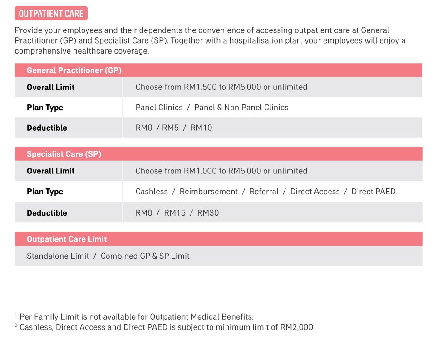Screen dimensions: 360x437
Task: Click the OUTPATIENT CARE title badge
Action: (x=51, y=13)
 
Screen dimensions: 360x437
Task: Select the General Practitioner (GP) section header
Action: (x=74, y=70)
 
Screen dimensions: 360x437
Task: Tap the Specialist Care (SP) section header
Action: (x=64, y=154)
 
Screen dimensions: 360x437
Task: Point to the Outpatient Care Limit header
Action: (x=67, y=239)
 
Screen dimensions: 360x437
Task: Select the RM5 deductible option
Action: (x=170, y=128)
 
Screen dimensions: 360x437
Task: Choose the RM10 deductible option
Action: (x=201, y=128)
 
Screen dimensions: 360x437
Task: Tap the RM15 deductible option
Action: (x=175, y=213)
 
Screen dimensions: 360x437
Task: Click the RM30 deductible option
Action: (x=208, y=213)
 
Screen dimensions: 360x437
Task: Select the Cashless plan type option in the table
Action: (x=152, y=192)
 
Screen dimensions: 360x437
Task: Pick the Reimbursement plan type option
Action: (x=208, y=192)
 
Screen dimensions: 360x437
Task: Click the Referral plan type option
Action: (x=264, y=192)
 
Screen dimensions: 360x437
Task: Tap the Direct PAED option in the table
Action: (x=373, y=192)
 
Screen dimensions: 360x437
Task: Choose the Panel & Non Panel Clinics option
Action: (x=241, y=108)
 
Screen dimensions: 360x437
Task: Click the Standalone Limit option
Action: (x=58, y=256)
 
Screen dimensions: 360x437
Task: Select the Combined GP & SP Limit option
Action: (x=145, y=256)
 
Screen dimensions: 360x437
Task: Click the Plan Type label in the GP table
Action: (x=45, y=108)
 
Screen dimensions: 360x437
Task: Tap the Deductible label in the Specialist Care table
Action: (x=47, y=213)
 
